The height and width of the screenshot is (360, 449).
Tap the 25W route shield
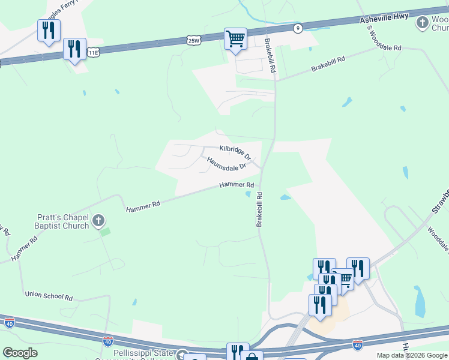pos(193,40)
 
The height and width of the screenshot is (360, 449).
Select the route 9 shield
pos(298,28)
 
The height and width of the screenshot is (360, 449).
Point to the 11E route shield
pos(93,53)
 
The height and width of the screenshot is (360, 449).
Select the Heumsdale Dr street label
pos(227,163)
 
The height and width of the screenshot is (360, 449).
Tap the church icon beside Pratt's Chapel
pos(99,222)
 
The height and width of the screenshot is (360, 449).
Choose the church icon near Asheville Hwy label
pos(423,23)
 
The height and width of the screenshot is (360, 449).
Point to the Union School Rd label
pos(49,296)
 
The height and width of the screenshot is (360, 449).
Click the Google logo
pos(20,353)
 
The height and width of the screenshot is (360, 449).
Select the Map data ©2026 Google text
pos(412,355)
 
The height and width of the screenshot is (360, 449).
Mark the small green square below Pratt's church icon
pos(105,232)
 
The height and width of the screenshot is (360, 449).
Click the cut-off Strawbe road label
pos(439,202)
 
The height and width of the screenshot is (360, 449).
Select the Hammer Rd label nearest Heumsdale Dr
pos(237,185)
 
